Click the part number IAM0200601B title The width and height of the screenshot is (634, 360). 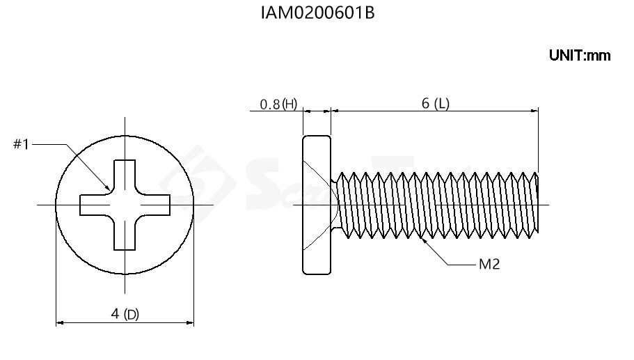point(317,13)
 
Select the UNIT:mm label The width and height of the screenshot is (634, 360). point(579,56)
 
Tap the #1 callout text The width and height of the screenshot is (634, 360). point(21,144)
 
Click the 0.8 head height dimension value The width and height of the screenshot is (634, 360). point(269,104)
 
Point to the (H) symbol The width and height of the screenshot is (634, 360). point(290,104)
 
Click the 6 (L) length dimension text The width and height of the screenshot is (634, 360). point(435,104)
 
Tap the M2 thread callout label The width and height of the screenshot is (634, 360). point(489,265)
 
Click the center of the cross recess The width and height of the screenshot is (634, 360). point(125,205)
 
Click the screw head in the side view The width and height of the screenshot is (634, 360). point(316,205)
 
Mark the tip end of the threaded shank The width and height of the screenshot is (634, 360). point(537,205)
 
